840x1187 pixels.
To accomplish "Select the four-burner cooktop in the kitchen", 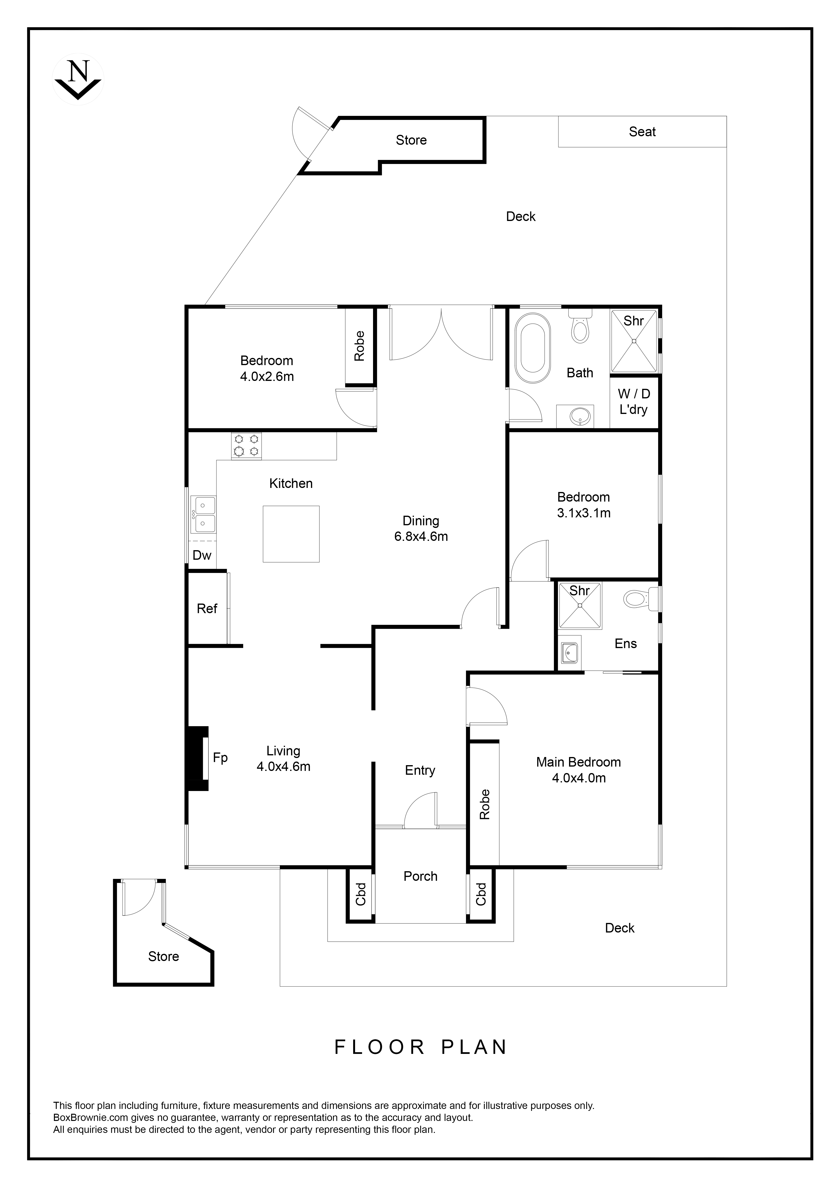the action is (246, 446).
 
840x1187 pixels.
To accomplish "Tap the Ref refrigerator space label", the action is (207, 609).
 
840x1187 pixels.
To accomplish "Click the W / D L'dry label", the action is (634, 402).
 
